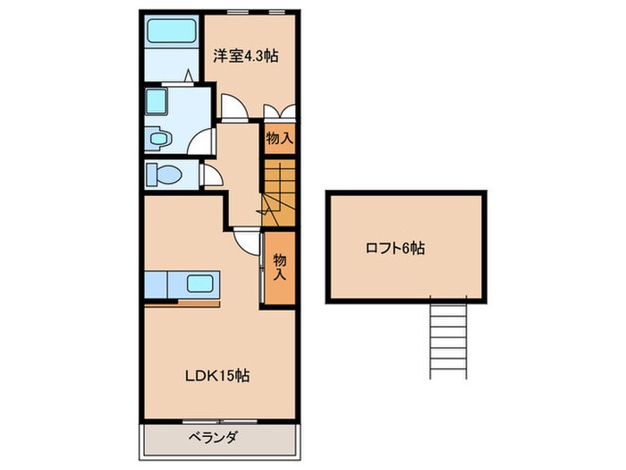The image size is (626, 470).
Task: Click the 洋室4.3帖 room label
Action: point(245,56)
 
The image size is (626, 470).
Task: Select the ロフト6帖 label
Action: point(394,249)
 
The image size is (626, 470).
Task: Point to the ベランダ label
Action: point(211,439)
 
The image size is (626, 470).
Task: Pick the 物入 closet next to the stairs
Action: point(279,139)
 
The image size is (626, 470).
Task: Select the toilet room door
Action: point(210,175)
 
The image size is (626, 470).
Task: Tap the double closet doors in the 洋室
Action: point(280,114)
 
